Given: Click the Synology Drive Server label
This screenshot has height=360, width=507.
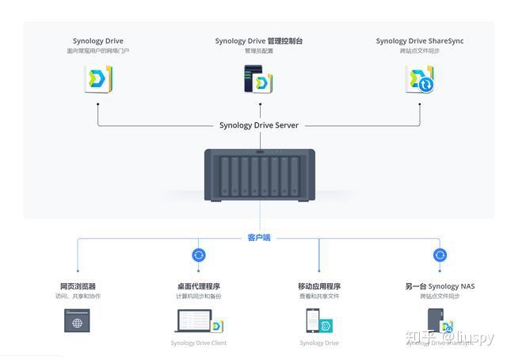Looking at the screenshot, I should pos(259,125).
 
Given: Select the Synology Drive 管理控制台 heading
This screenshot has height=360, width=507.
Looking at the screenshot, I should pos(259,41).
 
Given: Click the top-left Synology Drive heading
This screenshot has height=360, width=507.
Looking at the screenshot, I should pos(98,41).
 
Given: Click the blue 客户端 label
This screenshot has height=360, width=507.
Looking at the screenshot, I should pos(259,237).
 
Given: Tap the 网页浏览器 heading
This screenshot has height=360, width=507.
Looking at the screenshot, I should pos(78,286).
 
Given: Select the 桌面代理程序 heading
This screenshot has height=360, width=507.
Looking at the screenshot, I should pos(198,286).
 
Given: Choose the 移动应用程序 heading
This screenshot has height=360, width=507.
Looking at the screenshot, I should pos(319,286).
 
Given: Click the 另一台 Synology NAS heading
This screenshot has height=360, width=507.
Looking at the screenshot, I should pos(440,286).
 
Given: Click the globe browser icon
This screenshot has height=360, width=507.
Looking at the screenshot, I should pos(78,321).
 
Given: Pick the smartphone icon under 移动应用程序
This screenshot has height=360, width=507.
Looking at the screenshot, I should pos(313,321).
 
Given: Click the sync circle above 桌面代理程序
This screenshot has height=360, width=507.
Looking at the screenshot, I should pos(199,255).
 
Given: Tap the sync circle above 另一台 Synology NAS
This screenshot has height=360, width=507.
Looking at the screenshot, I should pos(440,255).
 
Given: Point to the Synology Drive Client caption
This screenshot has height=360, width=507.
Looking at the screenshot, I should pos(198,343).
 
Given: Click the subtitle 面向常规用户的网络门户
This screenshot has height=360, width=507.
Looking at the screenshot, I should pos(98,52).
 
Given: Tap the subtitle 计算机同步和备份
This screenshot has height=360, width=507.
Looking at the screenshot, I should pos(198,297).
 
